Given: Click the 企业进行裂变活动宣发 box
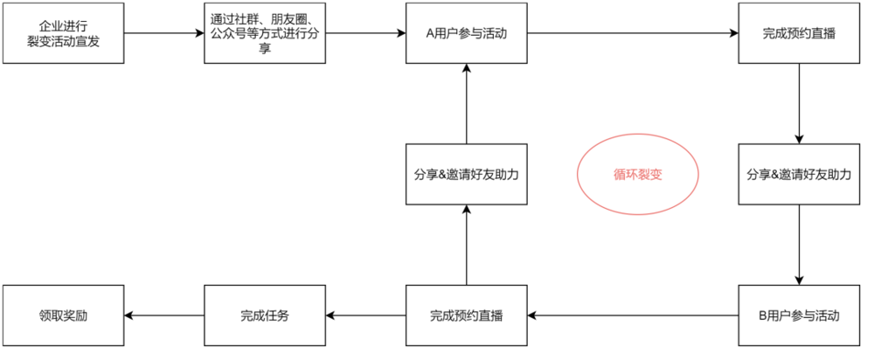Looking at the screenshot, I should (x=63, y=33).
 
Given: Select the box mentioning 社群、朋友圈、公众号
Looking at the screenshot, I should (x=265, y=33).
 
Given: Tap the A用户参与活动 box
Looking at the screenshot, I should (x=466, y=33).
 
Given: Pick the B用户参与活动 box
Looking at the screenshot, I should (x=799, y=315).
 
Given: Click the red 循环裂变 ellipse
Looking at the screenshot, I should (x=637, y=174).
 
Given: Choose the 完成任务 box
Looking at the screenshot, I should (x=265, y=315).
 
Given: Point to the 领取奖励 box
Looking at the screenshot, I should (x=63, y=315).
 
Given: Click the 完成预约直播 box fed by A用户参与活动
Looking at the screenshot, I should (x=799, y=33).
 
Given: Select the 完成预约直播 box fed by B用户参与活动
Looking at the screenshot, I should (x=466, y=315).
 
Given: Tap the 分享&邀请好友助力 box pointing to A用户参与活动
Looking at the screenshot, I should (x=466, y=174).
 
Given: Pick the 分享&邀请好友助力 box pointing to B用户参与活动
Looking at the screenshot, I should (x=799, y=174).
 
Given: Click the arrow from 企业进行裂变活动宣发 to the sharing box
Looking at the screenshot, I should (x=163, y=33).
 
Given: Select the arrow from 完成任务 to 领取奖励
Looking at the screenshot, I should (x=163, y=315).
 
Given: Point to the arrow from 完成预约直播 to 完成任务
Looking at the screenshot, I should (x=365, y=315).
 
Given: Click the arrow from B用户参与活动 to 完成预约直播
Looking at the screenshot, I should (x=633, y=315).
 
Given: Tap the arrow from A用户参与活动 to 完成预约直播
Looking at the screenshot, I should (x=633, y=33).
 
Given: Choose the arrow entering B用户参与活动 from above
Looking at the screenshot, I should (x=799, y=245).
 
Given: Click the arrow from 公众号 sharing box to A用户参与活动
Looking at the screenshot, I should (x=365, y=33).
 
